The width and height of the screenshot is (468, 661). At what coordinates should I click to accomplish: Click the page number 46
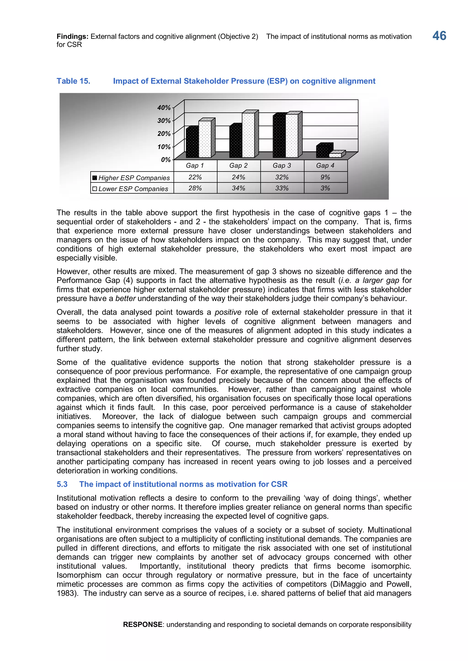tap(439, 36)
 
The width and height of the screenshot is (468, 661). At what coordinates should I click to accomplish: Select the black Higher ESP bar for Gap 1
tap(192, 142)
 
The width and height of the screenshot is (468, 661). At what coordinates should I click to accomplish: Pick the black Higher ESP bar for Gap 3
tap(279, 136)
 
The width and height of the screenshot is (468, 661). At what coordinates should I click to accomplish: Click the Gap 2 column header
tap(238, 165)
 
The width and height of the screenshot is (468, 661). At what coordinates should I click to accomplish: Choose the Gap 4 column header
tap(325, 165)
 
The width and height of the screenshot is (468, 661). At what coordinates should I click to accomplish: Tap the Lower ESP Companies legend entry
tap(131, 189)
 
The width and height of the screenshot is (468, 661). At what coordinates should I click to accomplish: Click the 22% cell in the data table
tap(195, 177)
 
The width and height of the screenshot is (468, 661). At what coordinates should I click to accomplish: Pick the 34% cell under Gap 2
tap(238, 188)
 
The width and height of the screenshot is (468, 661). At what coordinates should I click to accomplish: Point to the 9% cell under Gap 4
tap(325, 177)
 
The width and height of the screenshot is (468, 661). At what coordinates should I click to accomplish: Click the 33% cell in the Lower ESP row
tap(282, 188)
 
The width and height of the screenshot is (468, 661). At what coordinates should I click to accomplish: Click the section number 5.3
tap(62, 484)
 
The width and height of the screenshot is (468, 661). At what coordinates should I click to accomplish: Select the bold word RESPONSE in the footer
tap(143, 624)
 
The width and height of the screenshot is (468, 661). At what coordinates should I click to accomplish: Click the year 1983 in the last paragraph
tap(65, 593)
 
